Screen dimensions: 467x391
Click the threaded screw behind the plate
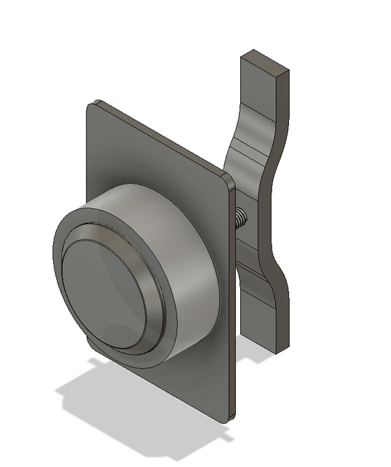[240, 218]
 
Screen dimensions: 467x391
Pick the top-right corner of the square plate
[228, 181]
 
